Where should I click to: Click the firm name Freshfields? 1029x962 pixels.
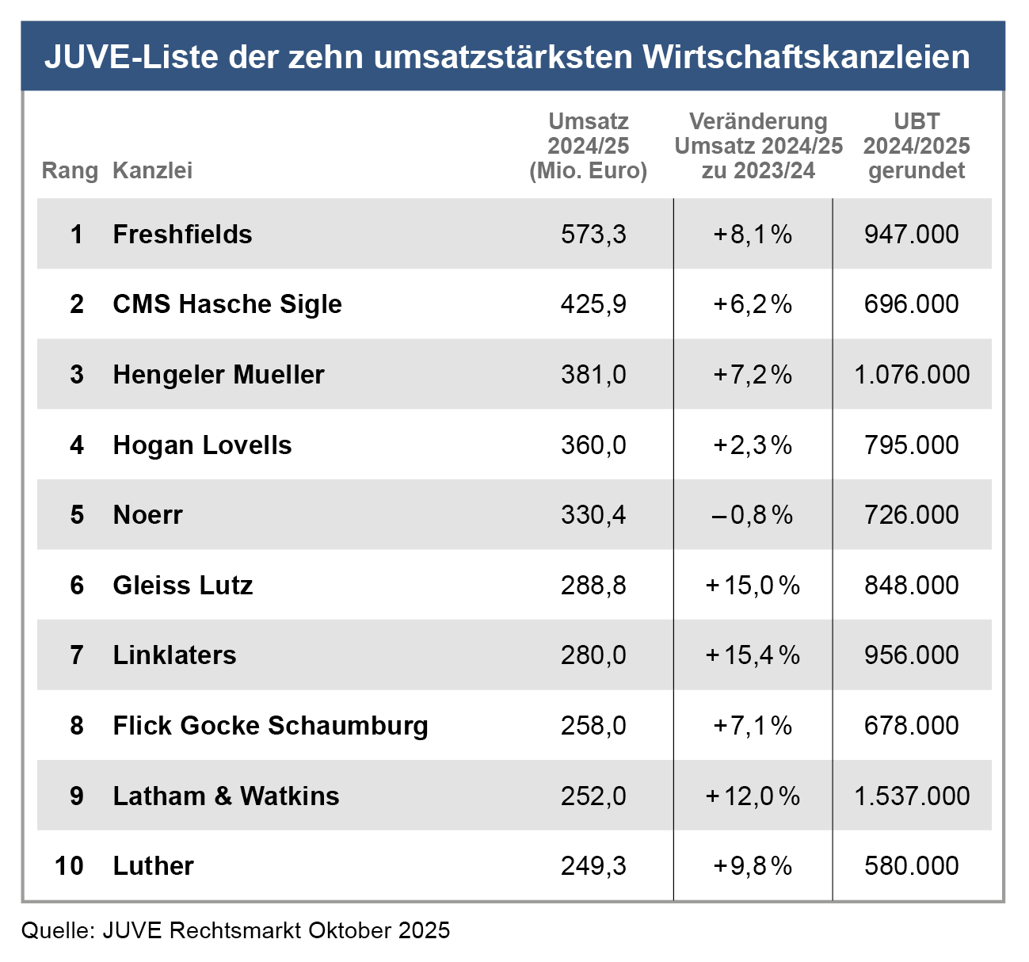(182, 235)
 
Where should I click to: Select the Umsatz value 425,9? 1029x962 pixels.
(593, 304)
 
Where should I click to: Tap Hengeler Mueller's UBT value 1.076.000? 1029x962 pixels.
(912, 375)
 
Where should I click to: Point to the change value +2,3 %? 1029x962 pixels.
(753, 445)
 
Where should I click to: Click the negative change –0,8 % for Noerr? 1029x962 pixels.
(753, 515)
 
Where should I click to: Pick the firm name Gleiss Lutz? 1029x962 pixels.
(183, 586)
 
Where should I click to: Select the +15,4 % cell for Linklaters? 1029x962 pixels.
(753, 655)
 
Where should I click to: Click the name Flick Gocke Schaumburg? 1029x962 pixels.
(270, 726)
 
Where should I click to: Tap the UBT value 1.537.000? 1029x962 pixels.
(912, 796)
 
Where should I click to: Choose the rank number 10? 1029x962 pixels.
(70, 866)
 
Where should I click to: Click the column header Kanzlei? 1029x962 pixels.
(152, 170)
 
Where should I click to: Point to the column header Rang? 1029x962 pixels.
(70, 170)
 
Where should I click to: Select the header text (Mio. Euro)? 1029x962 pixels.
(588, 170)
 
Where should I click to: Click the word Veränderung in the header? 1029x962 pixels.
(758, 121)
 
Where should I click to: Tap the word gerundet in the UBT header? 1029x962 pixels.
(917, 170)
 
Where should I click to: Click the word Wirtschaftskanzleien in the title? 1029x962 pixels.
(806, 57)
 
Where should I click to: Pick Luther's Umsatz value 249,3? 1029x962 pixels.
(593, 866)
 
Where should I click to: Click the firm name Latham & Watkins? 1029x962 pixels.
(226, 796)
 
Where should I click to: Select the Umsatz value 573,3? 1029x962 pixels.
(593, 235)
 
